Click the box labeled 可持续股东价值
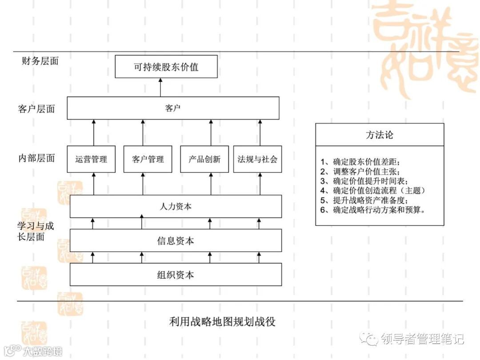166,67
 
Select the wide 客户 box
173,108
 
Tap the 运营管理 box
91,159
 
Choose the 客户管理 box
148,159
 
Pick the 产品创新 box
204,159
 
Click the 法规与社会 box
258,159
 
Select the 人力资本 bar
176,207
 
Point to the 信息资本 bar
176,240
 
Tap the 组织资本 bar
176,274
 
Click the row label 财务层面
40,61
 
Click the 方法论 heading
380,135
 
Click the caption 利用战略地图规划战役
222,321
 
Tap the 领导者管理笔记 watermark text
422,339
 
